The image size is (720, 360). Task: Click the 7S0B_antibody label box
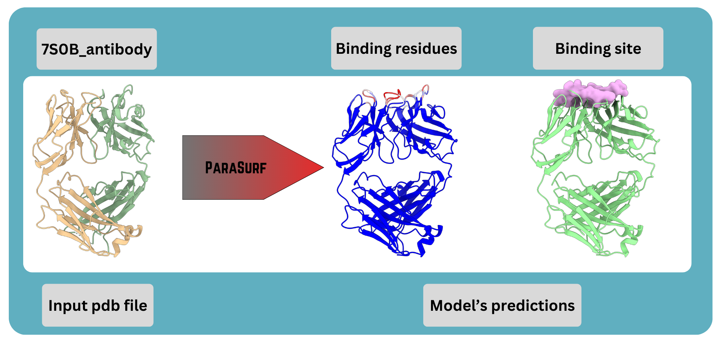pos(96,49)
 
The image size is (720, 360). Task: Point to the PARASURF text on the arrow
pos(236,168)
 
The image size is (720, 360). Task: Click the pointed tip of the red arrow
pos(322,167)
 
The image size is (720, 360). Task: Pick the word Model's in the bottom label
pos(458,306)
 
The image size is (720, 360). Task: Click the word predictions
pos(533,306)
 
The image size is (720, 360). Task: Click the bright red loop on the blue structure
pos(392,94)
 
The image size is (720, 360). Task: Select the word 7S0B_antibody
pos(96,49)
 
